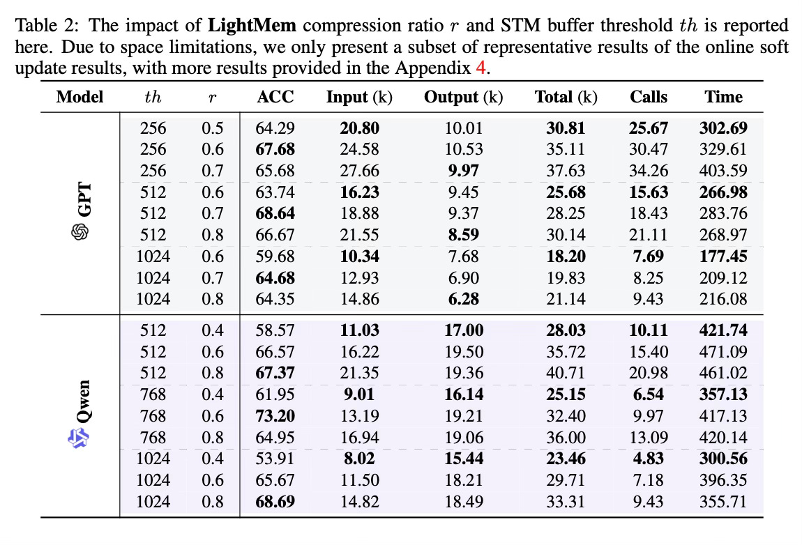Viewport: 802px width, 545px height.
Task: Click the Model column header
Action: [80, 97]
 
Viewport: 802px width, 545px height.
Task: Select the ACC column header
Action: [275, 97]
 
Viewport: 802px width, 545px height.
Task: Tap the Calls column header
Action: [649, 97]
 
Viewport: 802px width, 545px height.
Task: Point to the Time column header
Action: [723, 97]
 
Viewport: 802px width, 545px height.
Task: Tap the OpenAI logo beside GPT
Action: [81, 232]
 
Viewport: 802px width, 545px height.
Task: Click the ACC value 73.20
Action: [275, 416]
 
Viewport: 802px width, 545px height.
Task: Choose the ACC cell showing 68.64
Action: [275, 213]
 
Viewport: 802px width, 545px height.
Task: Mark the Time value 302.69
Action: [723, 128]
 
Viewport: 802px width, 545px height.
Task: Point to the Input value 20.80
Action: [359, 128]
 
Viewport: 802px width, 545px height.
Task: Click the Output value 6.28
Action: [463, 299]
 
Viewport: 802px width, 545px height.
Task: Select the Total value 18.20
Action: [566, 256]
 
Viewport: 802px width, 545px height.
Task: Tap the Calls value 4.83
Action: [649, 459]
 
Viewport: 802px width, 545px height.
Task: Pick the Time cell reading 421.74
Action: [723, 330]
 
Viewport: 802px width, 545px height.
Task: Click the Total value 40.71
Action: [566, 373]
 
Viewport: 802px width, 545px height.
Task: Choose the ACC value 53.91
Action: [275, 459]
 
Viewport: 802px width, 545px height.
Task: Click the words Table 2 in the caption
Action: [39, 26]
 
